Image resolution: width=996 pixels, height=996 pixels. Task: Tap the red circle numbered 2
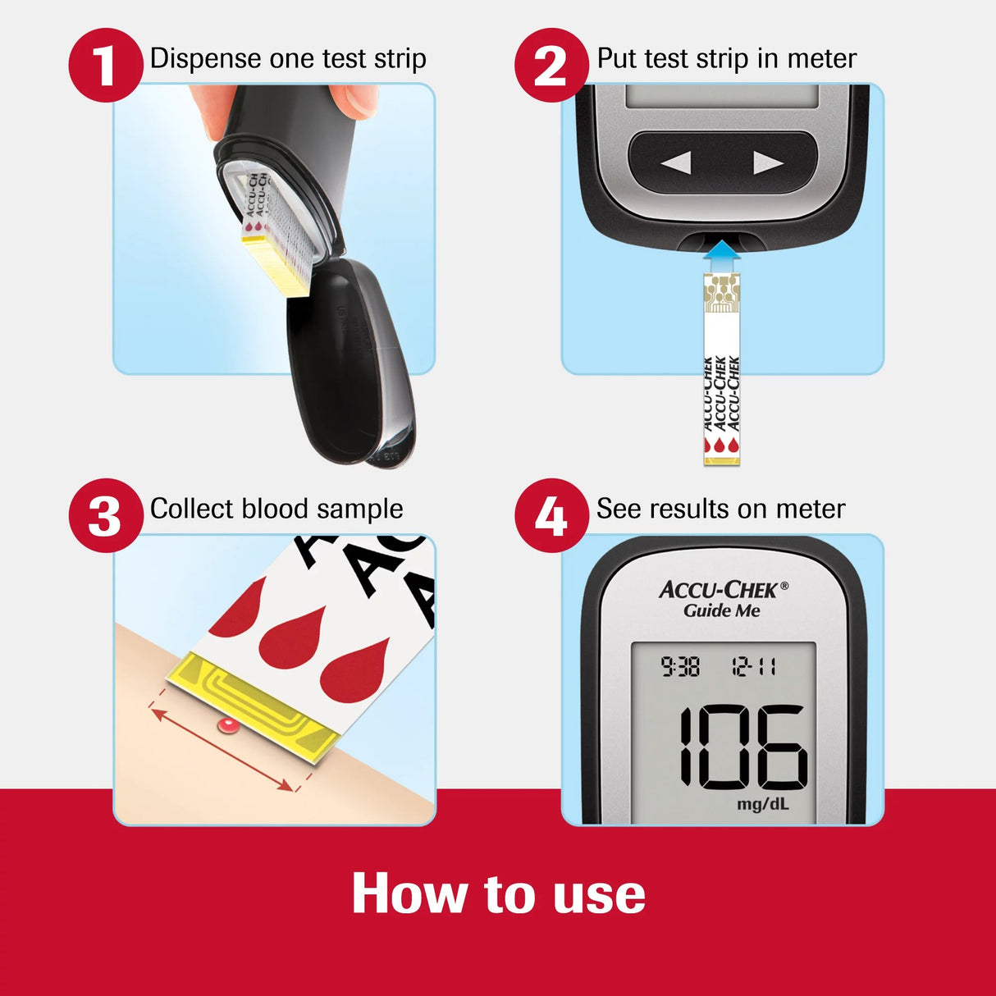[x=551, y=65]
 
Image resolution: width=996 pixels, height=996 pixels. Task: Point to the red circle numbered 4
[x=551, y=516]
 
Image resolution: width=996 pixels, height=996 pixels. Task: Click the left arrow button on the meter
[x=676, y=162]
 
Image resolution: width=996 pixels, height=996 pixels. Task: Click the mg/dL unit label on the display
[x=762, y=803]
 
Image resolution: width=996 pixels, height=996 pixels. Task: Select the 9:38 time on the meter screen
[x=680, y=667]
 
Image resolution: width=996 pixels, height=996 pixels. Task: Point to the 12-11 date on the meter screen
[x=754, y=667]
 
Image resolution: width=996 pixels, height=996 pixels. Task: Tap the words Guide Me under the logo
[x=722, y=611]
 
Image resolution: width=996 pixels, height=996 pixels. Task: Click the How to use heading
[x=498, y=893]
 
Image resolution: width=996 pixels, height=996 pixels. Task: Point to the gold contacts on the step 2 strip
[x=722, y=294]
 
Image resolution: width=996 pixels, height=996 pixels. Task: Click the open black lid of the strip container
[x=353, y=361]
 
